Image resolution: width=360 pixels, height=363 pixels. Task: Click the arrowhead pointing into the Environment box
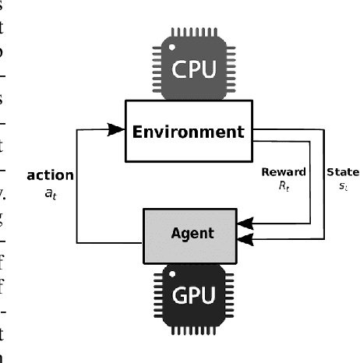click(116, 131)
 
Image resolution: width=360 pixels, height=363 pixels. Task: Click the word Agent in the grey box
click(193, 232)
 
